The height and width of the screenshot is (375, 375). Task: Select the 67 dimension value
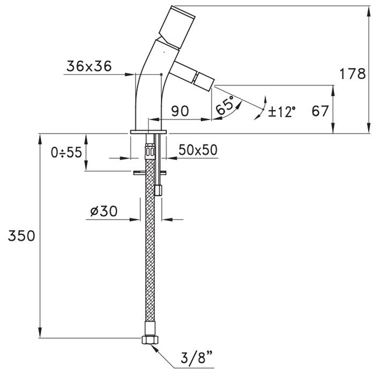click(x=320, y=111)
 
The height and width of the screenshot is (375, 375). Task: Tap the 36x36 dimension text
click(x=89, y=66)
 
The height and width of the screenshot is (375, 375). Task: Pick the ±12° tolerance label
click(x=282, y=111)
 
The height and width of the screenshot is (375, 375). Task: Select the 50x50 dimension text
click(x=198, y=151)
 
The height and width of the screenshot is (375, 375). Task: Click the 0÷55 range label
click(x=66, y=153)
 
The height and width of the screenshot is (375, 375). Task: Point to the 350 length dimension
click(x=20, y=236)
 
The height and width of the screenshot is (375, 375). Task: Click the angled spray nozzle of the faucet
click(x=196, y=77)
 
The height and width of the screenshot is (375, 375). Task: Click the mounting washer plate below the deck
click(x=151, y=172)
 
